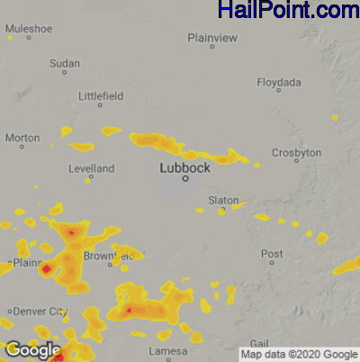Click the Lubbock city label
point(184,167)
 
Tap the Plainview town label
point(212,37)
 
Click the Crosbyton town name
point(296,153)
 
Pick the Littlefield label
point(101,95)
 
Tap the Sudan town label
point(65,64)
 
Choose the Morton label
point(22,138)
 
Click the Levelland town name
point(92,168)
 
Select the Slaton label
point(223,200)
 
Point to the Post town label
point(272,255)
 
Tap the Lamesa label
point(168,350)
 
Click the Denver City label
point(38,312)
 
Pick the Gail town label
point(258,344)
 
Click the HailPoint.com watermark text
point(288,11)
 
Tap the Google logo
point(32,349)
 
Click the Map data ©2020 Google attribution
point(299,355)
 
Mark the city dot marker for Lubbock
point(185,179)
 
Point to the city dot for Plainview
point(212,47)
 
